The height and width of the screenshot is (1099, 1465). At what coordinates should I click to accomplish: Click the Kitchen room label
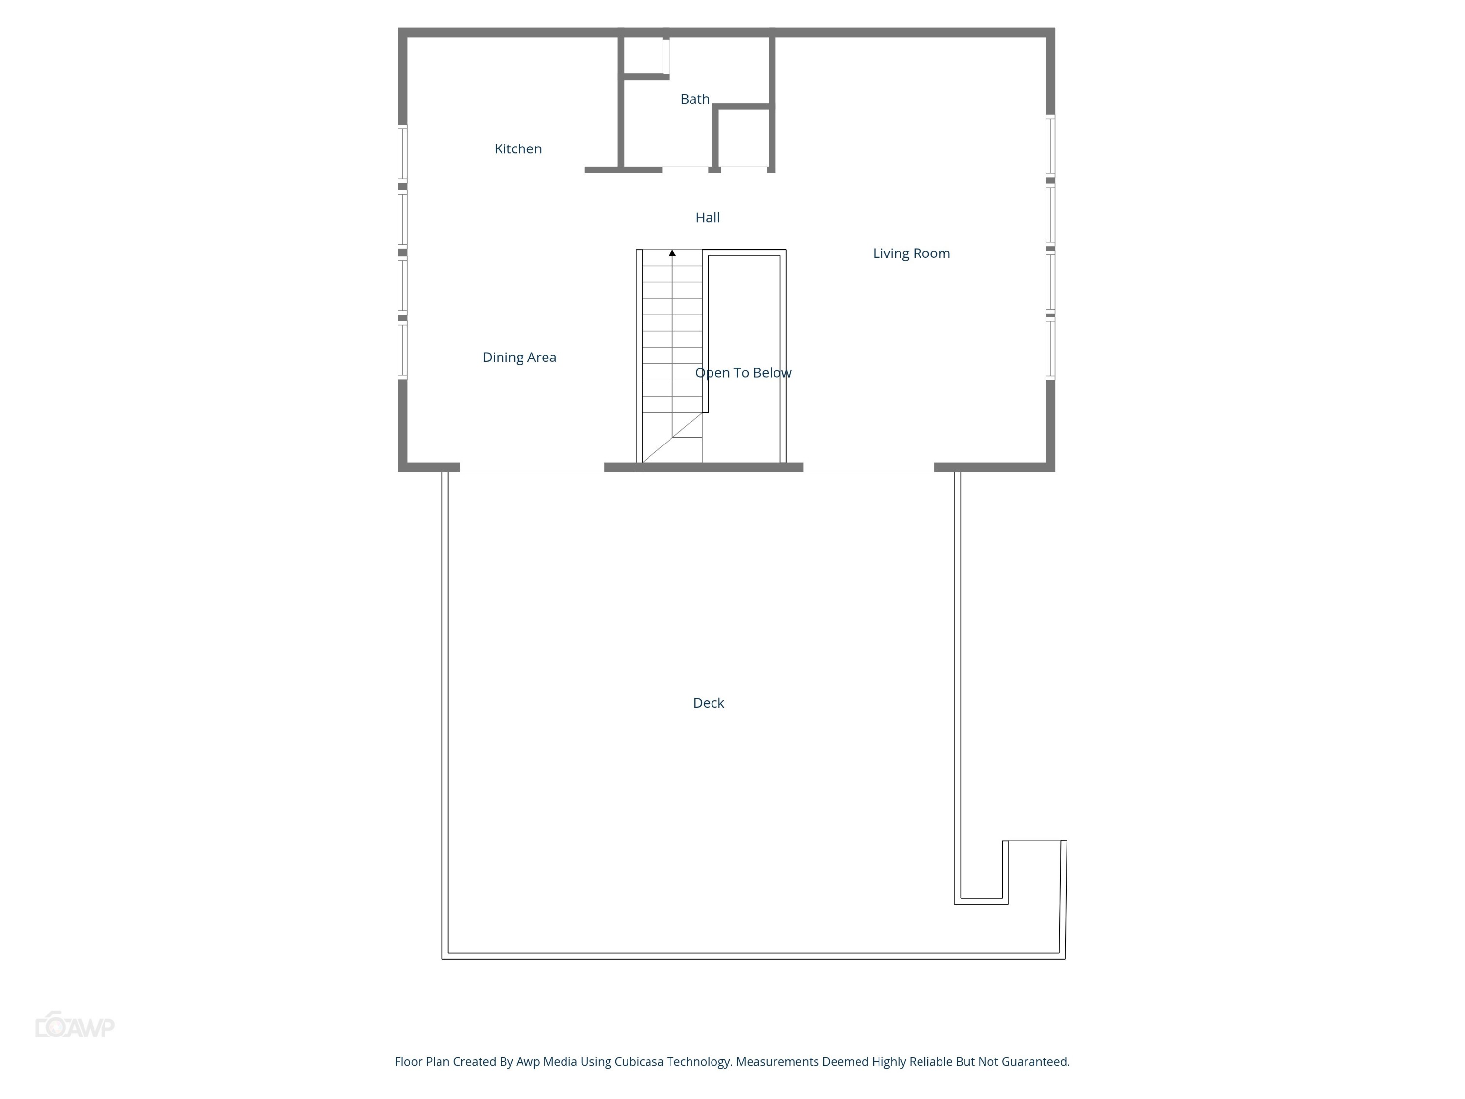[518, 149]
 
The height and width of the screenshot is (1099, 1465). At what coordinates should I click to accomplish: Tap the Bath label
[695, 99]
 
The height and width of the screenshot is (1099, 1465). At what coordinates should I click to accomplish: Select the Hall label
[707, 218]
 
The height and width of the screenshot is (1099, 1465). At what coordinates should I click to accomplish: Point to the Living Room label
[911, 253]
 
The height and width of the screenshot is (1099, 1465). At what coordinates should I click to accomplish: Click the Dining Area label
[519, 358]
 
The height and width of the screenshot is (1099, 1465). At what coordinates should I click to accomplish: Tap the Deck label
[708, 703]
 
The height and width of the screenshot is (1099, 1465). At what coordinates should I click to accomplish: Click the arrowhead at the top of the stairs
[672, 253]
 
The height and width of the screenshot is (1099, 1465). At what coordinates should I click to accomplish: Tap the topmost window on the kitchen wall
[402, 153]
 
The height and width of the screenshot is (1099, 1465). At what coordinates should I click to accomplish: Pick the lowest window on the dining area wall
[402, 350]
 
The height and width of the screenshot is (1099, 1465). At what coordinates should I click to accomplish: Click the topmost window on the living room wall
[1050, 146]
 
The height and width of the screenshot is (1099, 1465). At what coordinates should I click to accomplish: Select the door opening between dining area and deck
[532, 468]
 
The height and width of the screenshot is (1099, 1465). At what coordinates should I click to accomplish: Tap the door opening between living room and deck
[868, 468]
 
